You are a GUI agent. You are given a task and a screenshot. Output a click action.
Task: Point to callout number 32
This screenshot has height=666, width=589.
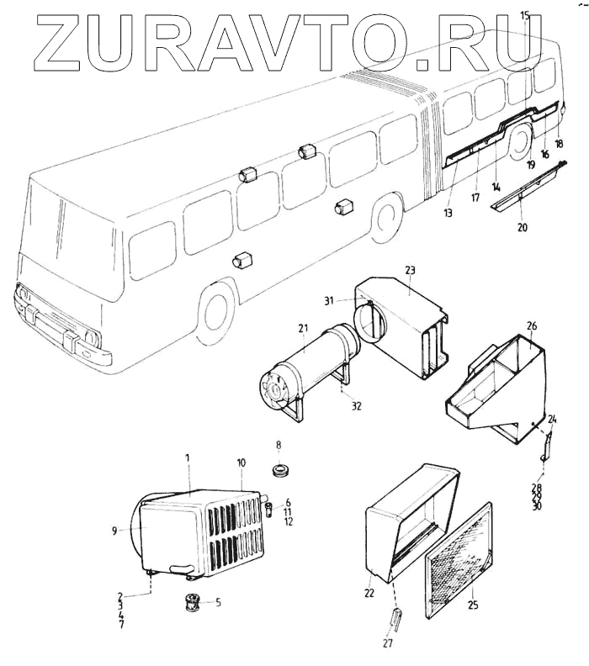[x=356, y=405]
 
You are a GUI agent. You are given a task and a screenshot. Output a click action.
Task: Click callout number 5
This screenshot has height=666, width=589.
[x=218, y=602]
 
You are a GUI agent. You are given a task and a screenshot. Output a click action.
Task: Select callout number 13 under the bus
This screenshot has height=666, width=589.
[x=448, y=214]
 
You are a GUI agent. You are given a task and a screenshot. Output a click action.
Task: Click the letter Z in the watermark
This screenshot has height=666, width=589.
[x=63, y=42]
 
